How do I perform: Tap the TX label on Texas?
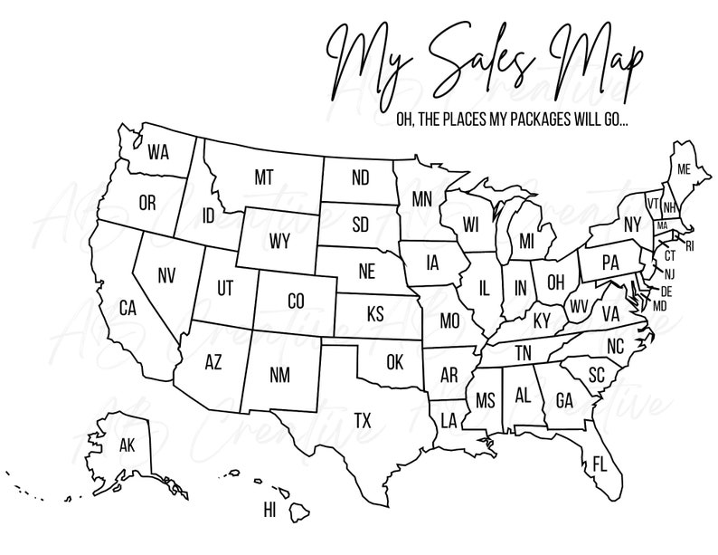click(362, 420)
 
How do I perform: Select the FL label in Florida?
click(600, 464)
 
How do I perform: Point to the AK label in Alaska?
click(128, 445)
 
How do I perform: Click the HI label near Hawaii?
click(269, 511)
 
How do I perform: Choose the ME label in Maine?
click(684, 169)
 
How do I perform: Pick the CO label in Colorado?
click(295, 300)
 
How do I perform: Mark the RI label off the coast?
click(691, 244)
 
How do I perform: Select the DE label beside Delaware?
click(667, 291)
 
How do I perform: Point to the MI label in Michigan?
click(527, 240)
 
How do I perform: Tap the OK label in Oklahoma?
click(394, 362)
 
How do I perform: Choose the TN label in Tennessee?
click(523, 352)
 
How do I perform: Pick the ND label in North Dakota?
click(360, 177)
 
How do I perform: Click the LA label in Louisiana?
click(449, 419)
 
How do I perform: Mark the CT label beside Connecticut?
click(670, 255)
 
